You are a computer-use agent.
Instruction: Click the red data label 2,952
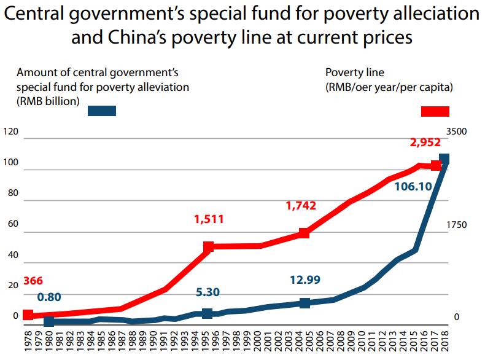click(x=425, y=143)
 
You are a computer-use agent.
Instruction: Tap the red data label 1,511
click(x=209, y=219)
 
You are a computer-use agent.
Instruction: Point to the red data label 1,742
click(x=301, y=206)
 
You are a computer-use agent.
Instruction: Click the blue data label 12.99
click(x=305, y=280)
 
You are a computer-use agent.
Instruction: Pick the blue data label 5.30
click(x=208, y=292)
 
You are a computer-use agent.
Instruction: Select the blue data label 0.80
click(x=49, y=297)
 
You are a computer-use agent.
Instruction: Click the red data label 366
click(x=33, y=281)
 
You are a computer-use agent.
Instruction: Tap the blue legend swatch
click(x=102, y=111)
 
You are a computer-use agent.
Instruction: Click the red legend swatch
click(x=435, y=111)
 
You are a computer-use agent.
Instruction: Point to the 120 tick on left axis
click(x=11, y=132)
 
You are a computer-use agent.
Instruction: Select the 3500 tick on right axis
click(x=457, y=132)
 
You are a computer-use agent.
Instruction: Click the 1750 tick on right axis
click(x=457, y=225)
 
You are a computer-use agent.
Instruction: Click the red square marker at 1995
click(x=209, y=246)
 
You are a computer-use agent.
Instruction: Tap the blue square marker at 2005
click(x=305, y=303)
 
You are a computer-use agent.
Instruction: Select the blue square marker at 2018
click(x=444, y=159)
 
